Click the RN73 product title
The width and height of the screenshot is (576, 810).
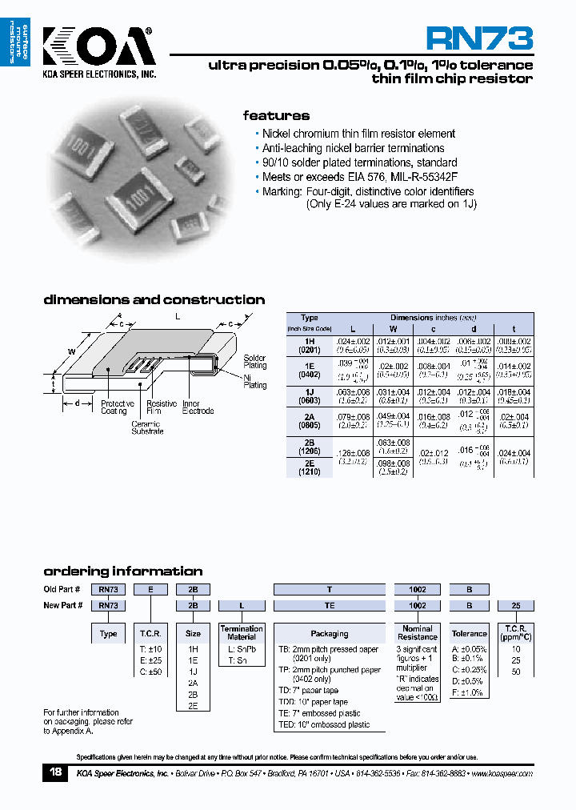click(478, 38)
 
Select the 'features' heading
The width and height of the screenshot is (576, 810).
click(276, 115)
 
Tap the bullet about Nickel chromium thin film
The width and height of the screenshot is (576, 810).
click(358, 134)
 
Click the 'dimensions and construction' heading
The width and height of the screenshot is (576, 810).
click(154, 300)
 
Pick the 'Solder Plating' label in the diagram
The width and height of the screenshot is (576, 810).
click(255, 362)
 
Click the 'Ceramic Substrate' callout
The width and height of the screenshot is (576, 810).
click(147, 427)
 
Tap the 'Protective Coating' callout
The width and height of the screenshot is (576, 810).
click(118, 407)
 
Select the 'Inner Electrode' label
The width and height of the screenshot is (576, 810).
click(198, 407)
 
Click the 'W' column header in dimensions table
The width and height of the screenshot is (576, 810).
click(392, 329)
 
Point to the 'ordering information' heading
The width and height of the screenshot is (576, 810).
click(122, 571)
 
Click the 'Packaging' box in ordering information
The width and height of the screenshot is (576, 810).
click(330, 633)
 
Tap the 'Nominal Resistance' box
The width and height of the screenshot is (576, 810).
click(418, 633)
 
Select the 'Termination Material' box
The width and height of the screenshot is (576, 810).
click(242, 633)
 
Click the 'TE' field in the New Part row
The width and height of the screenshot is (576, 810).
click(330, 605)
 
